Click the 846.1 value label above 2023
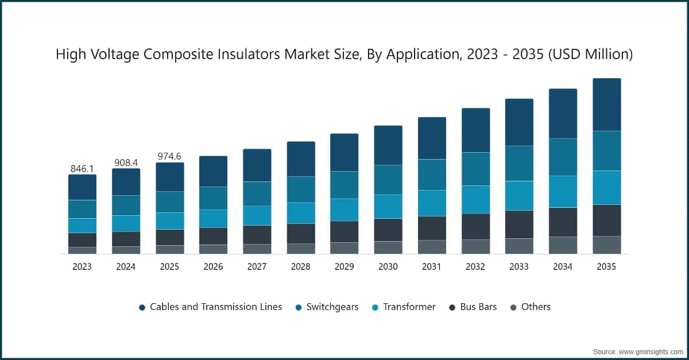(x=82, y=168)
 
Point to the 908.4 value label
(x=126, y=162)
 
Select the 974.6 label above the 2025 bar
(x=169, y=156)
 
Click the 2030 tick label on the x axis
(x=388, y=267)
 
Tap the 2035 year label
(x=606, y=267)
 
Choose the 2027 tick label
(x=257, y=267)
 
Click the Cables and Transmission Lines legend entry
(x=216, y=307)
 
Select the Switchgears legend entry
(x=332, y=307)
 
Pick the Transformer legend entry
(x=409, y=307)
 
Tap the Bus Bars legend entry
(x=478, y=307)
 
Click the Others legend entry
(x=535, y=307)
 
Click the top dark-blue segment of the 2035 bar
(x=606, y=104)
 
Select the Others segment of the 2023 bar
(x=82, y=250)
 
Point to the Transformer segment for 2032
(x=475, y=200)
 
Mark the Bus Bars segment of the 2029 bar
(x=344, y=232)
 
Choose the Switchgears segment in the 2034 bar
(x=563, y=157)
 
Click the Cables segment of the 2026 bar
(x=213, y=171)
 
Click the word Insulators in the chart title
(x=229, y=55)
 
